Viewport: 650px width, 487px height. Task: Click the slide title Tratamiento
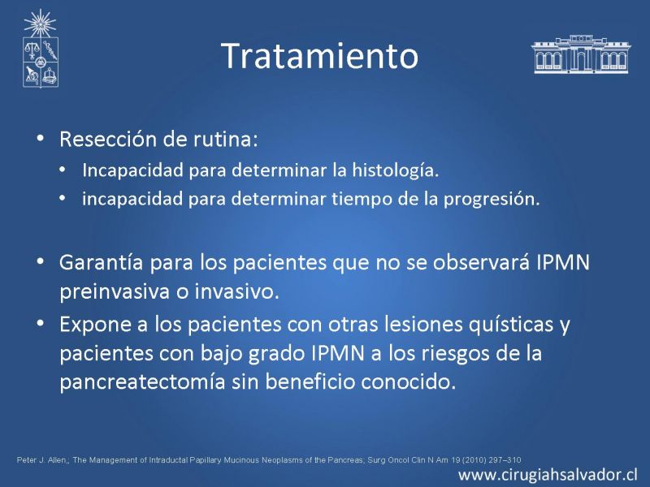coord(319,55)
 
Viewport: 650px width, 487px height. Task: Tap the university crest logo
coord(40,49)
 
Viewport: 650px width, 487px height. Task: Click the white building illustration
coord(581,54)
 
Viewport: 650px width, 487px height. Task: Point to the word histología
coord(395,170)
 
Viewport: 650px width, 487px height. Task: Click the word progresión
coord(492,199)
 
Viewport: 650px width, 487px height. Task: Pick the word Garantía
coord(101,262)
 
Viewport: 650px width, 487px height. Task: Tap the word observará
coord(481,262)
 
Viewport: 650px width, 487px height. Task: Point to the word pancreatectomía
coord(142,381)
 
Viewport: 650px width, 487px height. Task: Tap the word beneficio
coord(310,381)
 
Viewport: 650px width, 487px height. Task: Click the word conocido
coord(409,381)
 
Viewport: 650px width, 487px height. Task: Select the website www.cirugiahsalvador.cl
coord(548,475)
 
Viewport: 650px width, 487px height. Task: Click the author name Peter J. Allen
coord(41,459)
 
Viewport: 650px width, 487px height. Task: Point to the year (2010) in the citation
coord(473,459)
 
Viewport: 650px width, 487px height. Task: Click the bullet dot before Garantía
coord(40,262)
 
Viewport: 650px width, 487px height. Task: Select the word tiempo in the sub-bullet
coord(360,199)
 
